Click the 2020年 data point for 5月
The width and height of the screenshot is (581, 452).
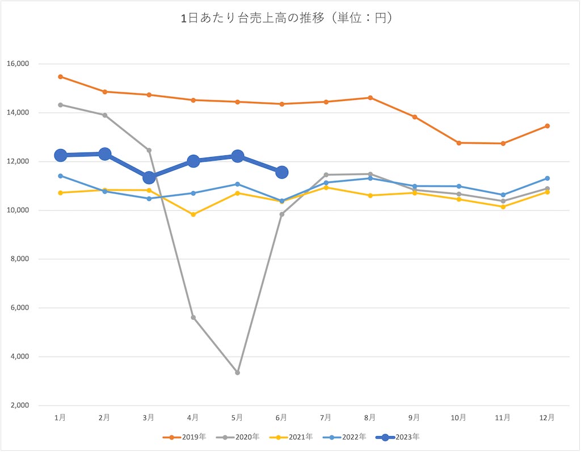(x=237, y=373)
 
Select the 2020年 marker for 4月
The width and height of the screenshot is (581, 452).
(x=193, y=318)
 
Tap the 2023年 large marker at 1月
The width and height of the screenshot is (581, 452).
(x=60, y=155)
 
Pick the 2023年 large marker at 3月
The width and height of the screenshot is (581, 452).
(x=149, y=178)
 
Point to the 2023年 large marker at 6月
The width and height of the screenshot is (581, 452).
(x=281, y=172)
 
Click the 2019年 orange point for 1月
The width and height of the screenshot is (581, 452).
(x=60, y=77)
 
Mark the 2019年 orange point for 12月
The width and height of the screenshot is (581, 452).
(x=547, y=126)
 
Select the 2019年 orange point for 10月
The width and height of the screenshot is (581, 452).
(x=458, y=143)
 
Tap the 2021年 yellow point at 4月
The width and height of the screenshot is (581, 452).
(x=193, y=214)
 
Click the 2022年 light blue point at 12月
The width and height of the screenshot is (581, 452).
(x=547, y=178)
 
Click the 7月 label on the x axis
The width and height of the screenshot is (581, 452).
(x=326, y=417)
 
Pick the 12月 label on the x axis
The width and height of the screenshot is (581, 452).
(x=547, y=417)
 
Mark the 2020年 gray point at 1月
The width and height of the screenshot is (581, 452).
(x=60, y=105)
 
